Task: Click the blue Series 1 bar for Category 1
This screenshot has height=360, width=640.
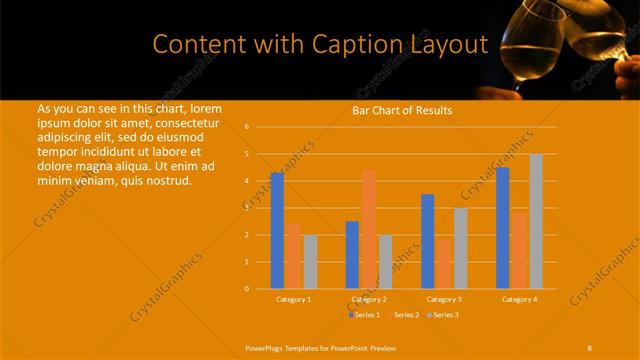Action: tap(277, 230)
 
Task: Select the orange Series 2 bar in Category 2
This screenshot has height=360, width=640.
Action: tap(369, 229)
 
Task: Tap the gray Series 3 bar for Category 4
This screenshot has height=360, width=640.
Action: tap(536, 221)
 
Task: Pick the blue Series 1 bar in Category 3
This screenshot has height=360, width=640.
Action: tap(428, 241)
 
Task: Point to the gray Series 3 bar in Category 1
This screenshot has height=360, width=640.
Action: tap(310, 261)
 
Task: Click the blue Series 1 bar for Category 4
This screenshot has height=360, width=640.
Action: tap(503, 227)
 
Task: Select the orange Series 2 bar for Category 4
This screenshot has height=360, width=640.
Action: tap(519, 250)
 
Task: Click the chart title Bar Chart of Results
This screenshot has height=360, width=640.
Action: tap(402, 110)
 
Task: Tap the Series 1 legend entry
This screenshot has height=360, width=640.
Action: tap(365, 315)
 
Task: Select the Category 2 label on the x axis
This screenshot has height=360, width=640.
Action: tap(368, 299)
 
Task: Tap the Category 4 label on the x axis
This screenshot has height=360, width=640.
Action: tap(519, 299)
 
